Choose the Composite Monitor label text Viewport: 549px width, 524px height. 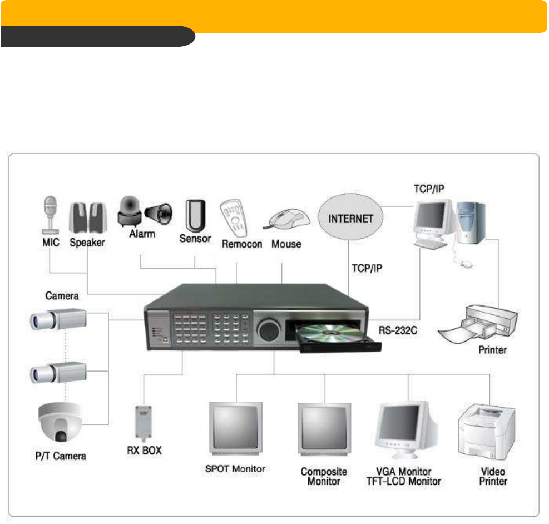324,476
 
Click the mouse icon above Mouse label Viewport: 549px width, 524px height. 287,219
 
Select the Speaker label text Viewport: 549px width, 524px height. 87,243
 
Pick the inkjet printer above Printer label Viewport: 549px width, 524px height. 479,326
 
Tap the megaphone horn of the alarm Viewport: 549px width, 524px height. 159,212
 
